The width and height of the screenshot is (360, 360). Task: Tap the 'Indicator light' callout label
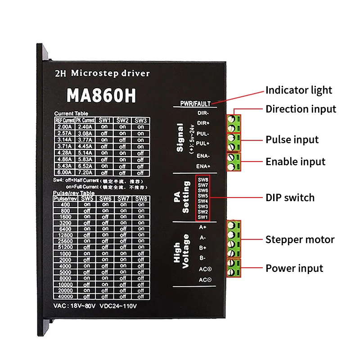pyautogui.click(x=299, y=90)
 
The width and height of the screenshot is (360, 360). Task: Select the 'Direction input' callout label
pyautogui.click(x=301, y=109)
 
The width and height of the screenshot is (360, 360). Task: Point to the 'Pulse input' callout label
pyautogui.click(x=292, y=139)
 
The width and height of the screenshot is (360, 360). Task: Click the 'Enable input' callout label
pyautogui.click(x=295, y=162)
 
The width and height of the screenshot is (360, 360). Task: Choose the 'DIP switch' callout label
pyautogui.click(x=290, y=198)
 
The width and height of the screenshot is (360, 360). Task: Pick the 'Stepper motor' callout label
pyautogui.click(x=300, y=239)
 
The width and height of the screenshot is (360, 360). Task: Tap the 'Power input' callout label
pyautogui.click(x=294, y=269)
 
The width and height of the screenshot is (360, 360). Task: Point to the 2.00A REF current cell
pyautogui.click(x=65, y=127)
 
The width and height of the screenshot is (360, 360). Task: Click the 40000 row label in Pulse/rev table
pyautogui.click(x=66, y=297)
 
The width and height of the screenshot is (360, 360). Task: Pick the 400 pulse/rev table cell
pyautogui.click(x=66, y=204)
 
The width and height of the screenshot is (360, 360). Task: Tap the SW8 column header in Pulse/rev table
pyautogui.click(x=141, y=198)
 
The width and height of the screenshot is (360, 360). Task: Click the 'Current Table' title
pyautogui.click(x=71, y=113)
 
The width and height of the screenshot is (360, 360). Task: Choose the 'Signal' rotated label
pyautogui.click(x=180, y=138)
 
